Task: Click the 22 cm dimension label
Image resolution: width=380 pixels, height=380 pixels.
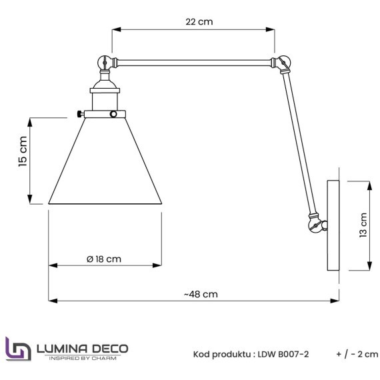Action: tap(199, 21)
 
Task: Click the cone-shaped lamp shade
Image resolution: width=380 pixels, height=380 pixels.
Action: tap(105, 163)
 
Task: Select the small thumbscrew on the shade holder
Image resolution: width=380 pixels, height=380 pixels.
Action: tap(80, 113)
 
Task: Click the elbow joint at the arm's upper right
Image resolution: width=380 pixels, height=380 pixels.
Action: tap(282, 63)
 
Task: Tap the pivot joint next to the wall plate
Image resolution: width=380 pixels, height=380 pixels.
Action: tap(315, 223)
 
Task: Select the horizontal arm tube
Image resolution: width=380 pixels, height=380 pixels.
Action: tap(193, 63)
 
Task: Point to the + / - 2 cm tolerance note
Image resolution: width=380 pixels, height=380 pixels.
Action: tap(357, 354)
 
